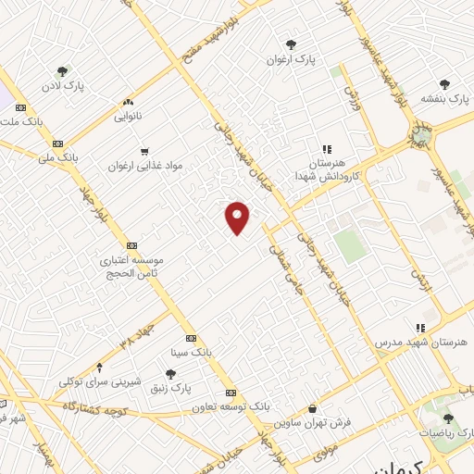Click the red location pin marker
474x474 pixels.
click(x=238, y=218)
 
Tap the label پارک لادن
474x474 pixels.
click(x=62, y=86)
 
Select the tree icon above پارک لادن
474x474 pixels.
click(x=62, y=71)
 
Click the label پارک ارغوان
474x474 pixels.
click(x=292, y=59)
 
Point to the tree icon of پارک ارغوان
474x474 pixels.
click(x=292, y=44)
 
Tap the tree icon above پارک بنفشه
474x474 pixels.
click(x=444, y=83)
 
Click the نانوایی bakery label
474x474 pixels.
click(x=128, y=117)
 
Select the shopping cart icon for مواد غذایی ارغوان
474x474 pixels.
click(x=143, y=151)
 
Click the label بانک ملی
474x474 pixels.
click(x=58, y=158)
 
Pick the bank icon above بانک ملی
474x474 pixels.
click(x=57, y=143)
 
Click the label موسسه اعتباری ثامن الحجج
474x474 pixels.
click(x=131, y=266)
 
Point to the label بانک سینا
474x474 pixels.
click(x=191, y=353)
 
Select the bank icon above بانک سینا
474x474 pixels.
click(x=191, y=339)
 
